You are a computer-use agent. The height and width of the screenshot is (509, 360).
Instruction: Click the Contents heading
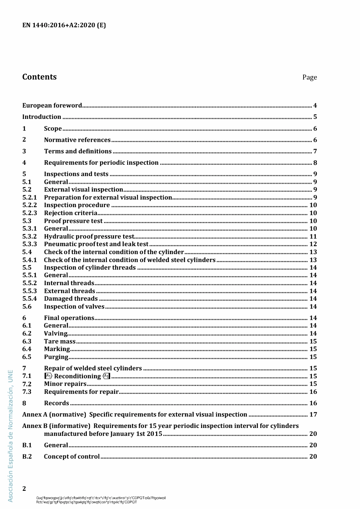coord(39,77)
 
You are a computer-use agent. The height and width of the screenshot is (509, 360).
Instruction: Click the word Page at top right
coord(309,77)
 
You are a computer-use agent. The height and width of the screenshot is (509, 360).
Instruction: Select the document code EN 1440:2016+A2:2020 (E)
coord(64,25)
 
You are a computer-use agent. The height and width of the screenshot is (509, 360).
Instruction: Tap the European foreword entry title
coord(52,106)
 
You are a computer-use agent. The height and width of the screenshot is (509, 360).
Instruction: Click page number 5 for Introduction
coord(315,117)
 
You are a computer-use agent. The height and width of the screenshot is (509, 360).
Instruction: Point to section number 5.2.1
coord(30,197)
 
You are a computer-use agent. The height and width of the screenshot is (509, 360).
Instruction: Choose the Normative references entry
coord(77,140)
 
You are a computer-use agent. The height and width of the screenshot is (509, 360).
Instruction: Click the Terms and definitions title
coord(78,151)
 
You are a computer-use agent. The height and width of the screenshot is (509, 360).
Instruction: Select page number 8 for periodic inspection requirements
coord(315,163)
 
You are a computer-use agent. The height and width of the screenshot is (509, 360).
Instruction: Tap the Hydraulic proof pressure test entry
coord(89,237)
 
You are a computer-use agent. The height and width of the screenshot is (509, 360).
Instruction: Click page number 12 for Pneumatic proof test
coord(313,244)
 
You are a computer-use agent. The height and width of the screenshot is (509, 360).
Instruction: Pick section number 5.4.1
coord(30,260)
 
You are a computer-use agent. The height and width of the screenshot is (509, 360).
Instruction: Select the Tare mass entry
coord(60,342)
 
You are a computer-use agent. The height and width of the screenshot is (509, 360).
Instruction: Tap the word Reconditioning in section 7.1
coord(78,376)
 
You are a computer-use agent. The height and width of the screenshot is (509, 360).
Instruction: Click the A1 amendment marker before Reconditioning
coord(48,376)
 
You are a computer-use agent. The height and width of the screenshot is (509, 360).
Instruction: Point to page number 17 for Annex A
coord(313,415)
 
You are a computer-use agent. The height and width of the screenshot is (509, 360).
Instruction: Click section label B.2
coord(27,457)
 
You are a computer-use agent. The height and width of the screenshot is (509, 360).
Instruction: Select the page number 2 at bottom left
coord(24,489)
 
